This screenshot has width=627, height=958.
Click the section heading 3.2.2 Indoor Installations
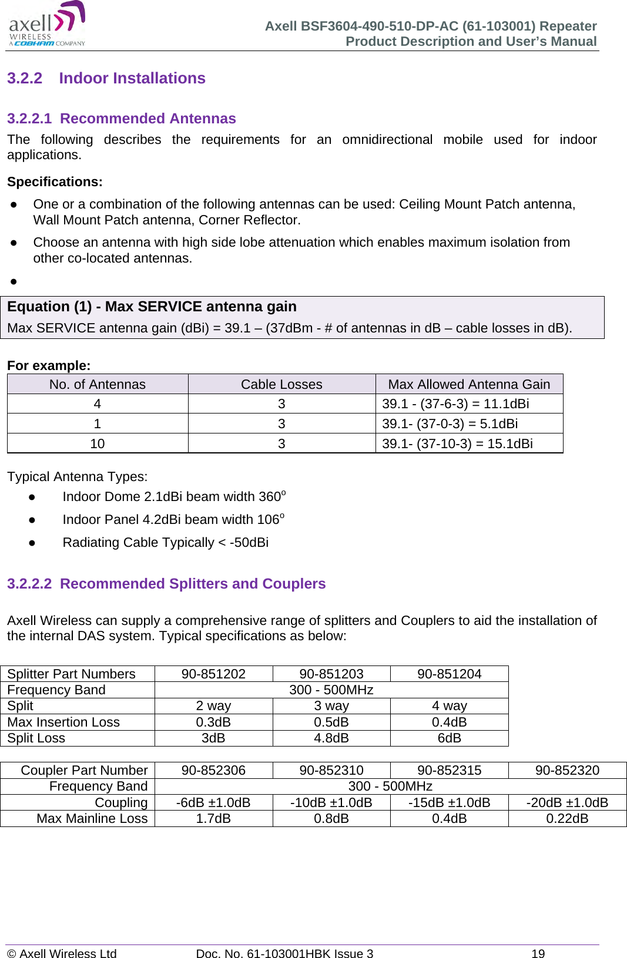point(106,78)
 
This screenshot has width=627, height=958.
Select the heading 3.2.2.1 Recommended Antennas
point(122,119)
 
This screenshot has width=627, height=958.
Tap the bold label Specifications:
point(55,182)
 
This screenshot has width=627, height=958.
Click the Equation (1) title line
point(152,307)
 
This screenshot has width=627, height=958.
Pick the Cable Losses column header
point(281,384)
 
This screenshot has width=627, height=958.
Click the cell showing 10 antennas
point(98,443)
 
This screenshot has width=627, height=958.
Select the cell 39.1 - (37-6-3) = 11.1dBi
point(455,404)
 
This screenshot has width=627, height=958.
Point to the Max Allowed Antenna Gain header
point(469,384)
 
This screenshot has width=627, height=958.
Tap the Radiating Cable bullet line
point(165,542)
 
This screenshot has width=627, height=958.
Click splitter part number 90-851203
point(331,674)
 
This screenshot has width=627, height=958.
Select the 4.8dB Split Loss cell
point(331,738)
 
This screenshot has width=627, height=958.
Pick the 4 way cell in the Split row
point(450,705)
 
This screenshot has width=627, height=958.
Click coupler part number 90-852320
point(567,770)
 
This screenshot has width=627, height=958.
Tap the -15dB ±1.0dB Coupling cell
point(450,802)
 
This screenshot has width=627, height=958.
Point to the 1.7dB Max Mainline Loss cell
point(213,818)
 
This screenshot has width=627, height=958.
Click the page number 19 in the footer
point(538,953)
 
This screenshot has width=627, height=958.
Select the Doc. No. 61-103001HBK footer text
point(284,953)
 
